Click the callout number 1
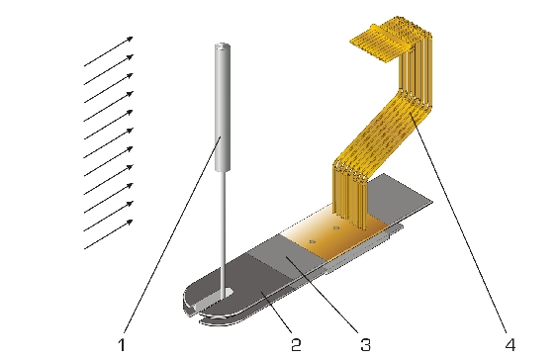pyautogui.click(x=122, y=345)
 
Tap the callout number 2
pyautogui.click(x=296, y=345)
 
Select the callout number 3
pyautogui.click(x=365, y=345)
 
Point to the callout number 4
pyautogui.click(x=511, y=345)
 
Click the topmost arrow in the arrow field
pyautogui.click(x=109, y=51)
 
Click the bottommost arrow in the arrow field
pyautogui.click(x=109, y=234)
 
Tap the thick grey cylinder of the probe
pyautogui.click(x=222, y=107)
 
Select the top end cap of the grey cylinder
pyautogui.click(x=222, y=45)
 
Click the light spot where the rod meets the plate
pyautogui.click(x=225, y=293)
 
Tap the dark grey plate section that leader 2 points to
pyautogui.click(x=256, y=281)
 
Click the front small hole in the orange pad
pyautogui.click(x=313, y=241)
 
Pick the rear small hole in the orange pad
pyautogui.click(x=336, y=227)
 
